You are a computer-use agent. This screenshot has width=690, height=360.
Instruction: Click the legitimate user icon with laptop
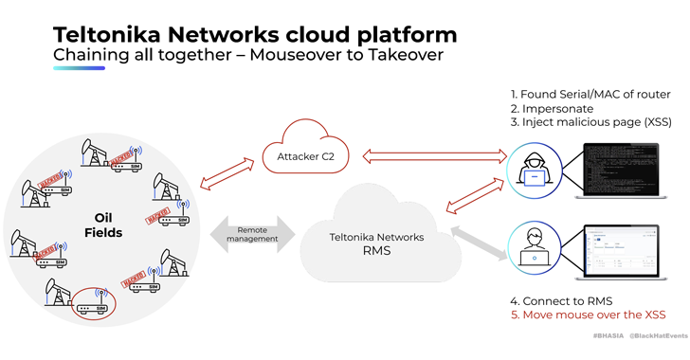click(x=534, y=247)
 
